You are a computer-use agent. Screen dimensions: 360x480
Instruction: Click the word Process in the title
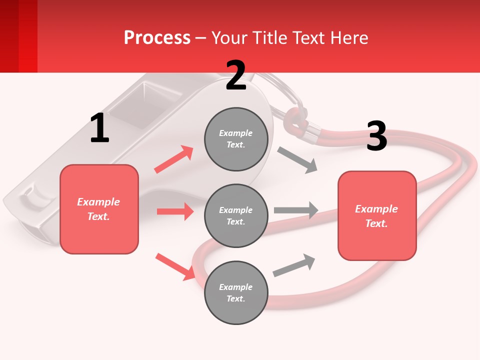tap(157, 37)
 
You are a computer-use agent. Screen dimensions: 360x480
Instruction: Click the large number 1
tap(99, 128)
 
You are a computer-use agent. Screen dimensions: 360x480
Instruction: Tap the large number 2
tap(236, 75)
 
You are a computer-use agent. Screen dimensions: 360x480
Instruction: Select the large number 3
tap(376, 136)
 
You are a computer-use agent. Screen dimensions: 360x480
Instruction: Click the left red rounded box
tap(99, 209)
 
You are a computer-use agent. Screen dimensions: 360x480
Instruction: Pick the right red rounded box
tap(377, 215)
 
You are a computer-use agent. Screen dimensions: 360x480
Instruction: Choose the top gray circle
tap(236, 139)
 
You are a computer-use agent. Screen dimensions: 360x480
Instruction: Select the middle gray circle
tap(236, 215)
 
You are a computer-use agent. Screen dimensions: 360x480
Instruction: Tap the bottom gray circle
tap(236, 292)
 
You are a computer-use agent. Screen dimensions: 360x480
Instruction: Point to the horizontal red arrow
tap(175, 211)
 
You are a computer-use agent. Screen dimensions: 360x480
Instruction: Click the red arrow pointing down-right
tap(175, 266)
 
